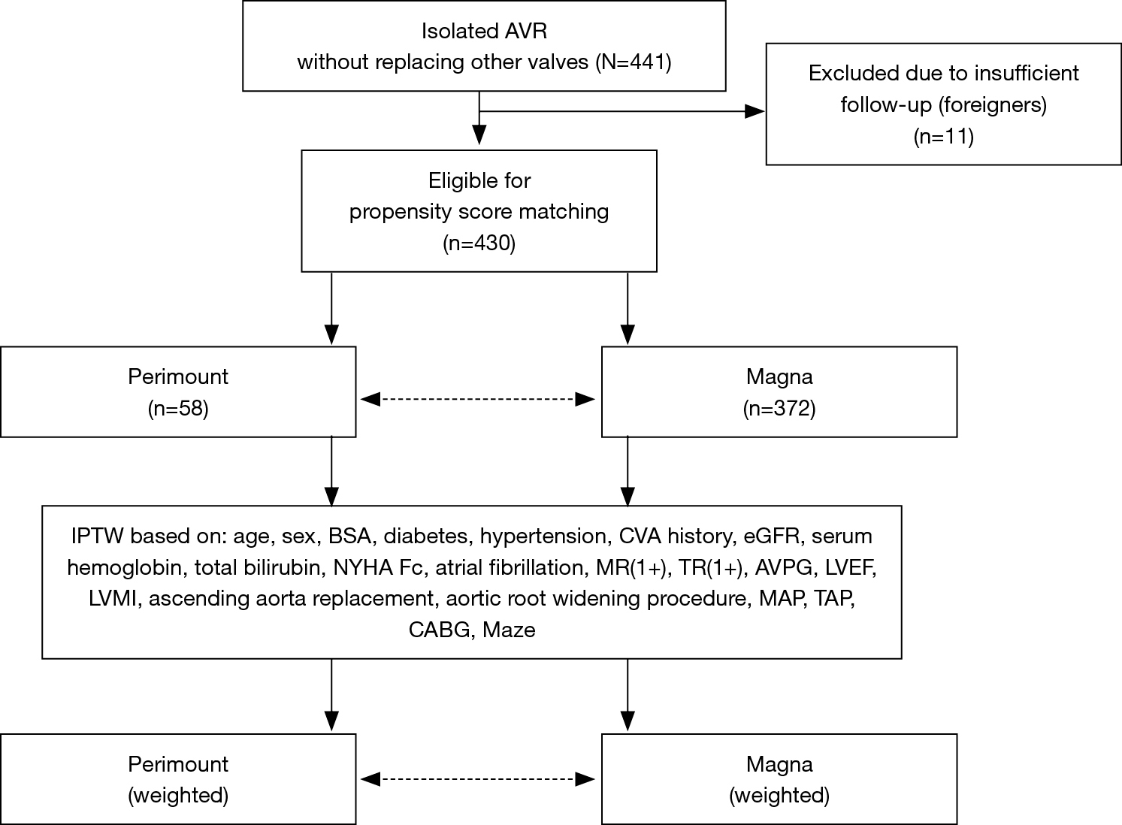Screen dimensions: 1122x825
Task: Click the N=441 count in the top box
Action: pyautogui.click(x=633, y=62)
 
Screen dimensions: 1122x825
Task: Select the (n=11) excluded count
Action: pyautogui.click(x=944, y=137)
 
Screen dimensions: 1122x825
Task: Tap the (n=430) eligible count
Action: pyautogui.click(x=479, y=243)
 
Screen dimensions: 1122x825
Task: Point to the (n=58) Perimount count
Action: pyautogui.click(x=178, y=408)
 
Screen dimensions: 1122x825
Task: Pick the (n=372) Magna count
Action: pyautogui.click(x=779, y=408)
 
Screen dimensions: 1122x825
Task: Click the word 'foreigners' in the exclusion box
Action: pyautogui.click(x=992, y=105)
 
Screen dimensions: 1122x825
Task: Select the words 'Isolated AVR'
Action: pyautogui.click(x=484, y=31)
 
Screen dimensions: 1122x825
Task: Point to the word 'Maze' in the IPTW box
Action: pyautogui.click(x=509, y=630)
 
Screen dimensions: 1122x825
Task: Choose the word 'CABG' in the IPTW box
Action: pyautogui.click(x=440, y=630)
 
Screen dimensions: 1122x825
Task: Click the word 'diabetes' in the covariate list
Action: pyautogui.click(x=428, y=536)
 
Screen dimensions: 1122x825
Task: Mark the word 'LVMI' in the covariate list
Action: pyautogui.click(x=113, y=599)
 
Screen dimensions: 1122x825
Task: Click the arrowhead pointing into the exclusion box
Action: pyautogui.click(x=755, y=111)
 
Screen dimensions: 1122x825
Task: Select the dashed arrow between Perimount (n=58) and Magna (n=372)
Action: pyautogui.click(x=478, y=399)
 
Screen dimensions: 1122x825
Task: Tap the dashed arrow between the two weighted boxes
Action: pyautogui.click(x=478, y=779)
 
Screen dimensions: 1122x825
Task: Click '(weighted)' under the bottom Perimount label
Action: pyautogui.click(x=178, y=796)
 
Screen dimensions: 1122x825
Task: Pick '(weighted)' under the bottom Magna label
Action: pyautogui.click(x=779, y=796)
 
